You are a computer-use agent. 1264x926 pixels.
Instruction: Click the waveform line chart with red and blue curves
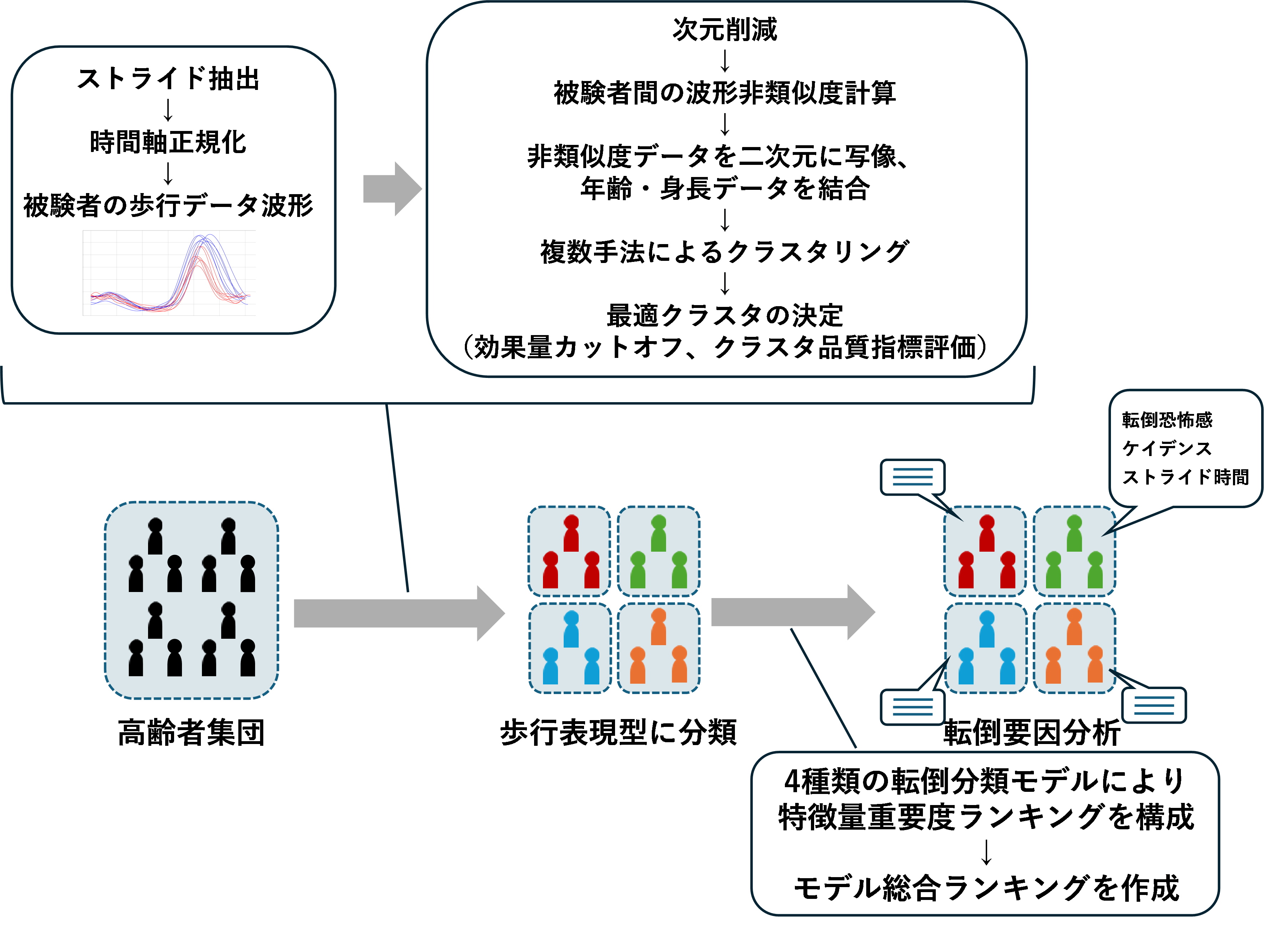click(169, 273)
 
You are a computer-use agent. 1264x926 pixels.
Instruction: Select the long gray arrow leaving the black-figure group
click(399, 613)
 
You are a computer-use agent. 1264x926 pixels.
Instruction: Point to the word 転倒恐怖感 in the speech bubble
click(1167, 420)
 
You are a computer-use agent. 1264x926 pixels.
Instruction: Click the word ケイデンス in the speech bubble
click(1167, 449)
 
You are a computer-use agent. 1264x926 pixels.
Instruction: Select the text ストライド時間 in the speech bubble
click(1185, 477)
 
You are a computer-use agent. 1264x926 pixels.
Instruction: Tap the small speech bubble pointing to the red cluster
click(913, 477)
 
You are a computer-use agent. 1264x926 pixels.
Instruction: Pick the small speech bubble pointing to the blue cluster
click(913, 707)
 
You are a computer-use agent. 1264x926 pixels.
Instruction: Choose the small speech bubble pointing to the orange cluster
click(1154, 705)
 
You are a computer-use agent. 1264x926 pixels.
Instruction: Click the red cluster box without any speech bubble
click(569, 551)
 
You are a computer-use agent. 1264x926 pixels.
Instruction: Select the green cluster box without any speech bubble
click(658, 551)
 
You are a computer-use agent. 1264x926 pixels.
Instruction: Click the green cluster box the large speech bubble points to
click(1074, 551)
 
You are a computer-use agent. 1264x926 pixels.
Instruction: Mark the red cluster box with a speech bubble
click(985, 551)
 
